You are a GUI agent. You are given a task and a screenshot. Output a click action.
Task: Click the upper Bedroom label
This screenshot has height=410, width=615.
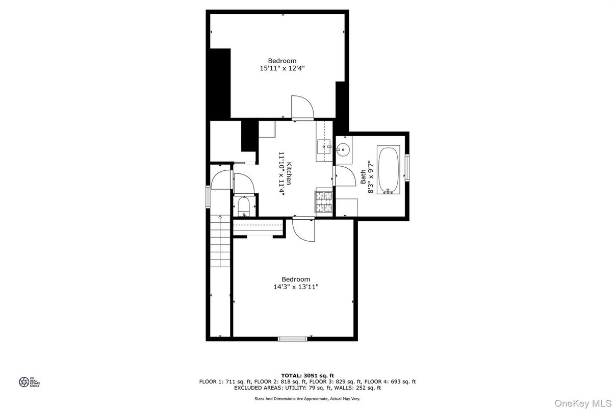click(282, 61)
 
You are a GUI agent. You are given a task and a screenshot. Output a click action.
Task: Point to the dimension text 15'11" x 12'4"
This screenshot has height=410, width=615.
click(282, 68)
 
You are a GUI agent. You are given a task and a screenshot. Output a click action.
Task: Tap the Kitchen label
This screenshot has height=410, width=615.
click(289, 173)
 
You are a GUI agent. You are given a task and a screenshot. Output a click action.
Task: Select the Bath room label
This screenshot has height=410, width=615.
click(363, 177)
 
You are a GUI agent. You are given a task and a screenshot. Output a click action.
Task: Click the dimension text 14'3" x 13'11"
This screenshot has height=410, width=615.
click(296, 287)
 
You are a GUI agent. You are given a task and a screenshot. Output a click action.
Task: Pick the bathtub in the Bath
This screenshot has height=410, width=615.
click(389, 170)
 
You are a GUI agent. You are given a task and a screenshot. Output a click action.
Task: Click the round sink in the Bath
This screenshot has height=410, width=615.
click(343, 150)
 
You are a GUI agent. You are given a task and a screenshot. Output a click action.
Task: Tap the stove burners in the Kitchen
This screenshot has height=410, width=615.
click(324, 200)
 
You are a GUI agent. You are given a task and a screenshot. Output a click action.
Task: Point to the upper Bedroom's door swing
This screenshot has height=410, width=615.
click(302, 107)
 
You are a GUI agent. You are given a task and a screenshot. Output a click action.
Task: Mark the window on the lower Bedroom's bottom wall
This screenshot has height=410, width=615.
click(293, 338)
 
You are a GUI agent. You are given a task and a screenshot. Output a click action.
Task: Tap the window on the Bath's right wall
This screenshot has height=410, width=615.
click(407, 167)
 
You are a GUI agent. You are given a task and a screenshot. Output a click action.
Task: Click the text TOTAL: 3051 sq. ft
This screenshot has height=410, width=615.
click(307, 375)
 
